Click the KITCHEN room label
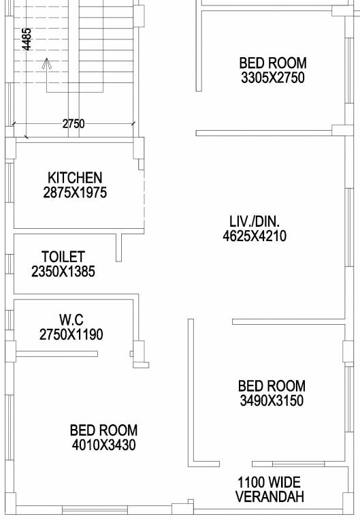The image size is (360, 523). [75, 178]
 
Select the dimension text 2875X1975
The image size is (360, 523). [75, 193]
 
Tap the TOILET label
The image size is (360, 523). [63, 257]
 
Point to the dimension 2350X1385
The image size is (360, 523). [63, 272]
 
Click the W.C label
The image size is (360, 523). [71, 319]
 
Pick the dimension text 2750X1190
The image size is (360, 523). [71, 334]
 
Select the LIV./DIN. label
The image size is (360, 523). [255, 221]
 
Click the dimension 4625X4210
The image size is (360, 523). [255, 236]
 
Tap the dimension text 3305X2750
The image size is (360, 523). [272, 78]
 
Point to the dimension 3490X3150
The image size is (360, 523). [272, 400]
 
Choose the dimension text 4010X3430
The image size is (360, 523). [103, 445]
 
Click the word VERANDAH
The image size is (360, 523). [269, 497]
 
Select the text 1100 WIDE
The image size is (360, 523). [269, 482]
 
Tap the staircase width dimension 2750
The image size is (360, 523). [73, 124]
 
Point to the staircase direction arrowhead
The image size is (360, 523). [46, 64]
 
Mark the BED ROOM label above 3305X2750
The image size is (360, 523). [272, 63]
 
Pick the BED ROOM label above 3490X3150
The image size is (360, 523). [272, 386]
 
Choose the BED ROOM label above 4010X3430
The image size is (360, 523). [103, 430]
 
